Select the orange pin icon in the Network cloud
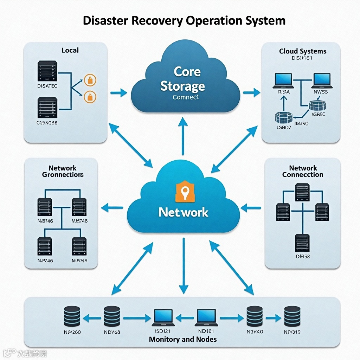pyautogui.click(x=185, y=192)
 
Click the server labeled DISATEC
pyautogui.click(x=47, y=71)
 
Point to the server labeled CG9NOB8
pyautogui.click(x=47, y=108)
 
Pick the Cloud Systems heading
pyautogui.click(x=303, y=51)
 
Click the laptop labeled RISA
pyautogui.click(x=283, y=80)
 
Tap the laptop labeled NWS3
pyautogui.click(x=321, y=80)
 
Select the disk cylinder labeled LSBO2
pyautogui.click(x=284, y=117)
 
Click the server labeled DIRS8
pyautogui.click(x=302, y=242)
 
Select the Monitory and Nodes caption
pyautogui.click(x=183, y=339)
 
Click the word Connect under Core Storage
pyautogui.click(x=186, y=97)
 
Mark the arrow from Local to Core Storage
pyautogui.click(x=118, y=93)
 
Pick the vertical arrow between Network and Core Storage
pyautogui.click(x=183, y=136)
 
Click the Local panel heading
pyautogui.click(x=70, y=50)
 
